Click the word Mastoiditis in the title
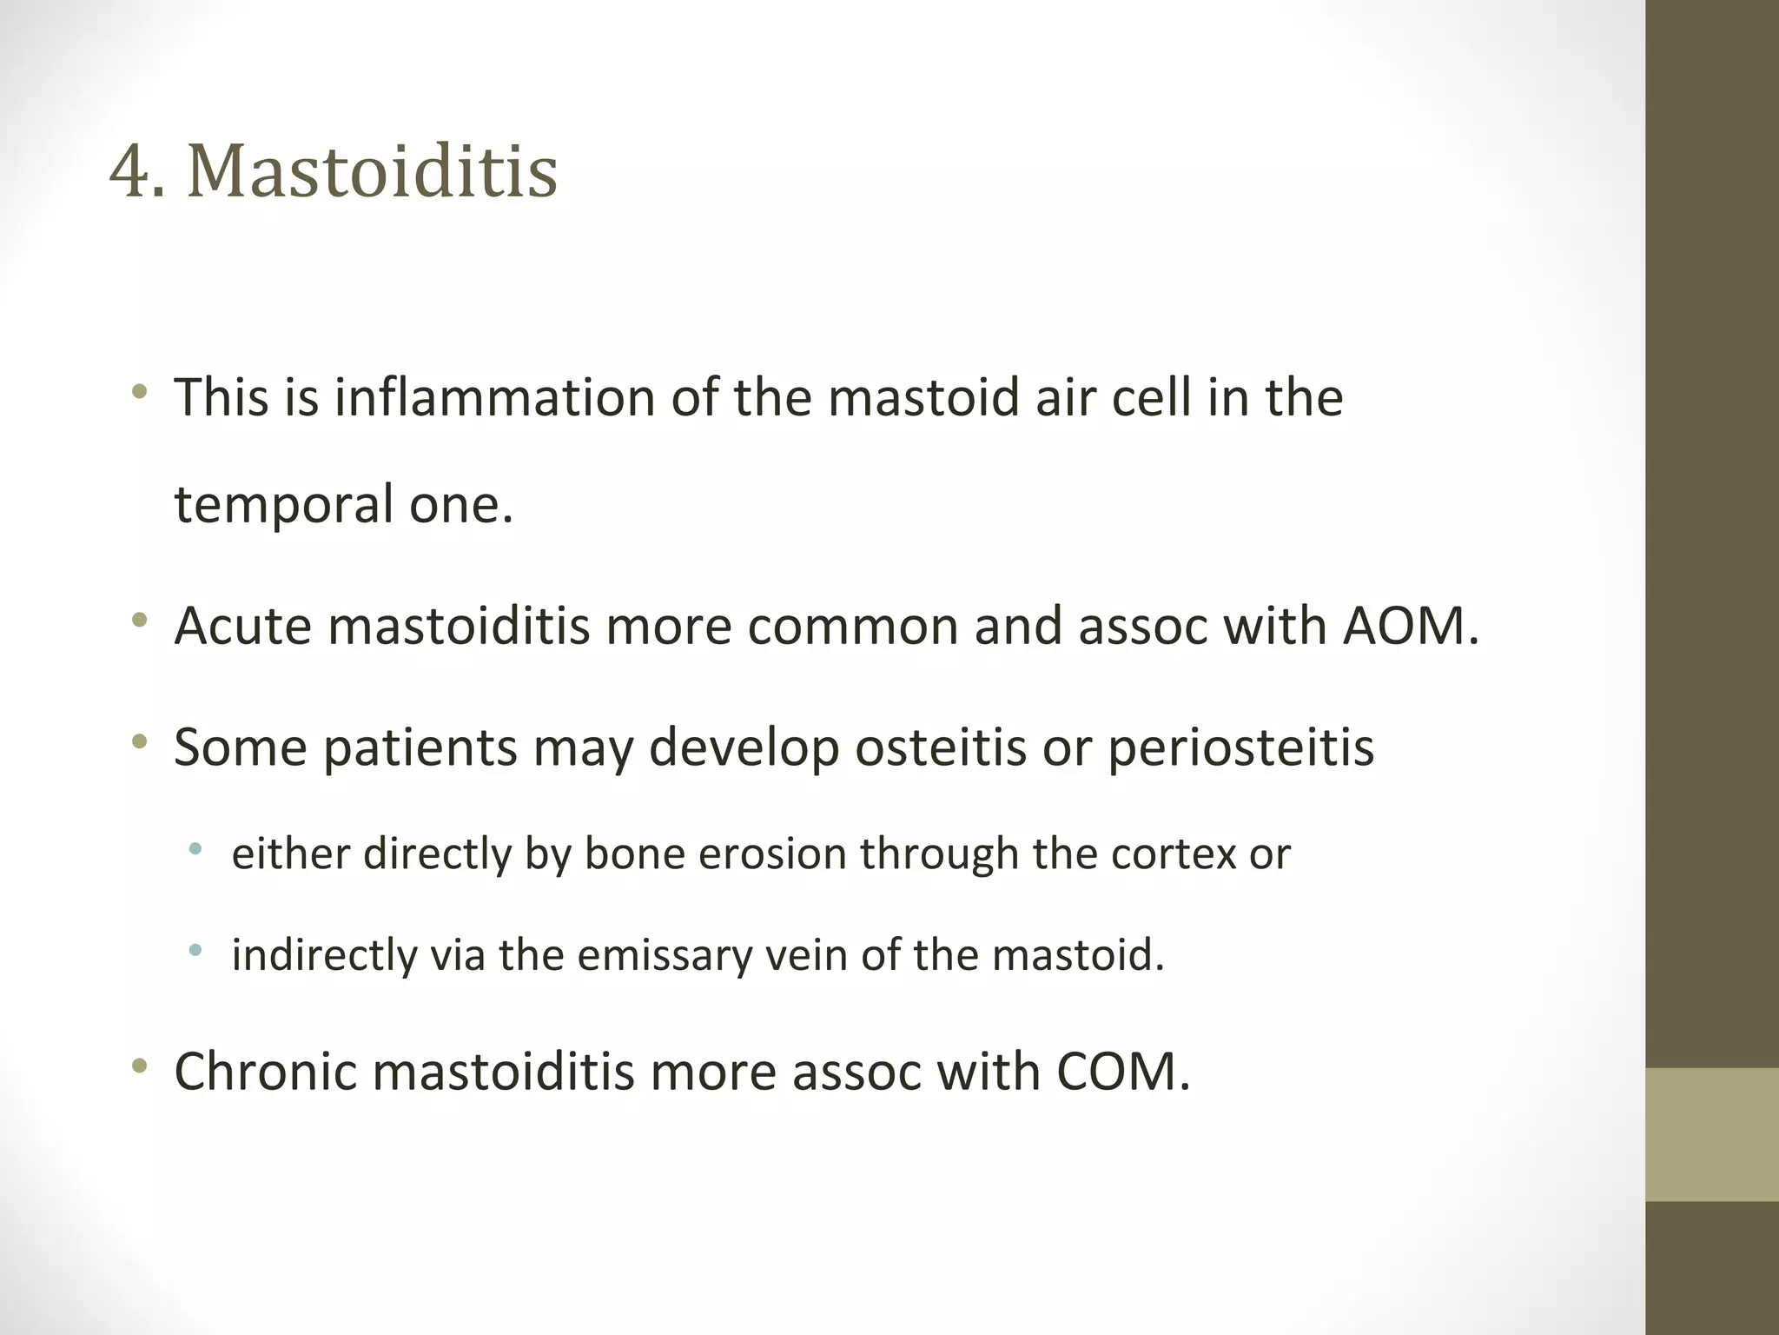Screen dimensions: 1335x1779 (x=372, y=171)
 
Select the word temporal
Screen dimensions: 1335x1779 (x=283, y=505)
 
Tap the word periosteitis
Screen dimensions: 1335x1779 (x=1240, y=747)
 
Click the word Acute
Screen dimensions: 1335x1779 (x=242, y=626)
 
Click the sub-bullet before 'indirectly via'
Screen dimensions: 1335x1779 (x=195, y=951)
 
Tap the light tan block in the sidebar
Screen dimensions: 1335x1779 (x=1711, y=1133)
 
